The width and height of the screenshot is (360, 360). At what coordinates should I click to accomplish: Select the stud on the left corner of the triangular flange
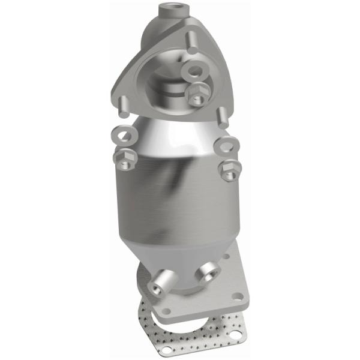[122, 106]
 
